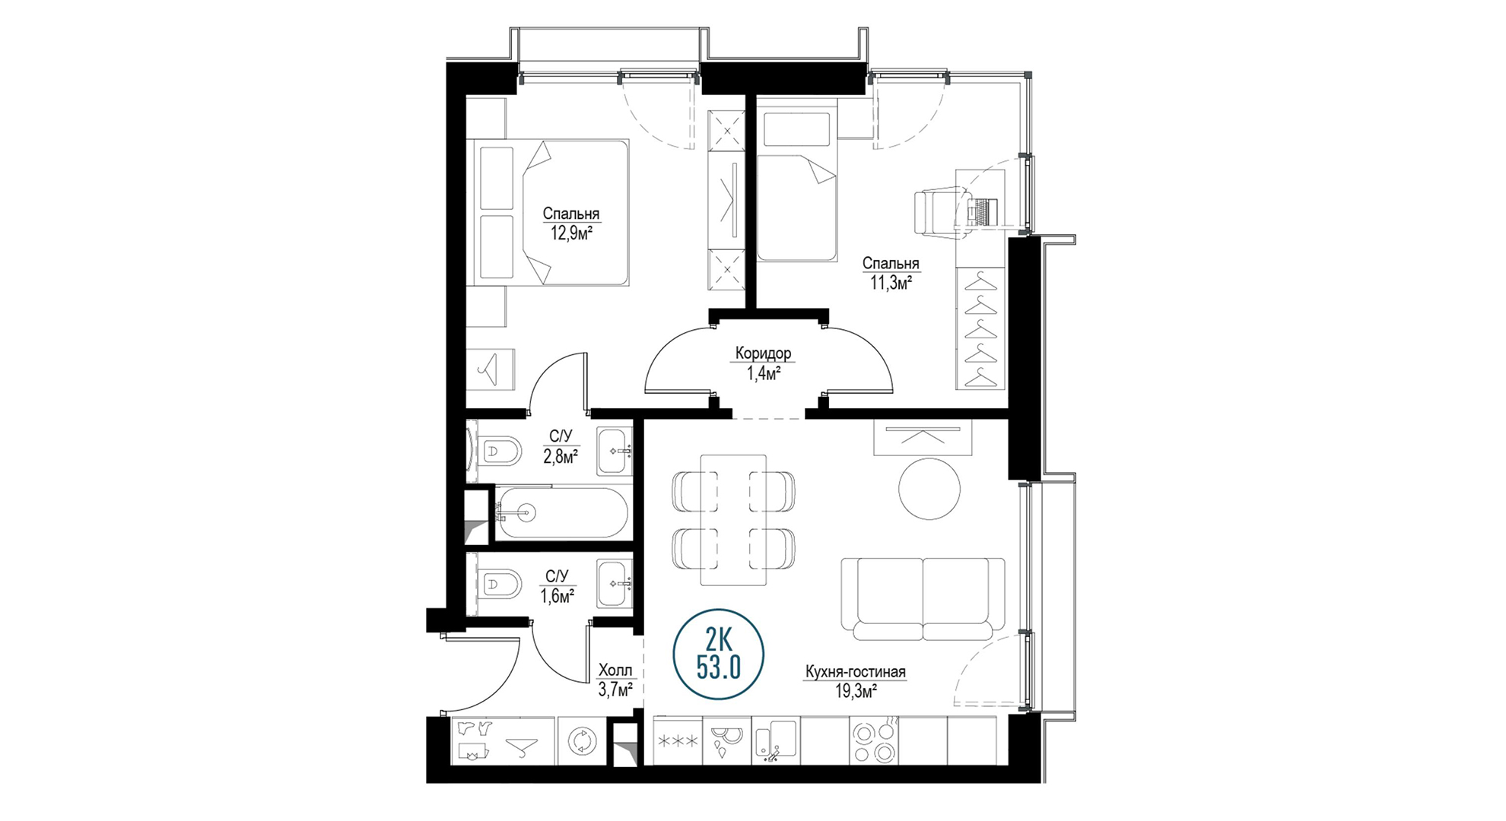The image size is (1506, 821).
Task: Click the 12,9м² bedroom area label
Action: pyautogui.click(x=571, y=234)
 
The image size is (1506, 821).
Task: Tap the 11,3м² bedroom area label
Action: pyautogui.click(x=891, y=284)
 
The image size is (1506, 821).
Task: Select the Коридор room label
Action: pyautogui.click(x=763, y=353)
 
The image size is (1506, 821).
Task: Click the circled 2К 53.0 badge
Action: pyautogui.click(x=719, y=655)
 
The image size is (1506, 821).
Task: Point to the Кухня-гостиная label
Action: pyautogui.click(x=856, y=672)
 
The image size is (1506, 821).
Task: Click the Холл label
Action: pyautogui.click(x=615, y=670)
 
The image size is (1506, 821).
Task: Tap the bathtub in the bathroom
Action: pyautogui.click(x=562, y=513)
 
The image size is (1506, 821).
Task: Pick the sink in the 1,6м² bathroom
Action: pyautogui.click(x=615, y=584)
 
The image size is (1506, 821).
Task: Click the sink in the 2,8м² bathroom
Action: pyautogui.click(x=615, y=452)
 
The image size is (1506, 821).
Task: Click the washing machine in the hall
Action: pyautogui.click(x=582, y=740)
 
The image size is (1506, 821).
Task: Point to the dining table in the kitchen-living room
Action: pyautogui.click(x=733, y=520)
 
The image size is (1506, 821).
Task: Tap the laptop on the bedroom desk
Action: pyautogui.click(x=982, y=211)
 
